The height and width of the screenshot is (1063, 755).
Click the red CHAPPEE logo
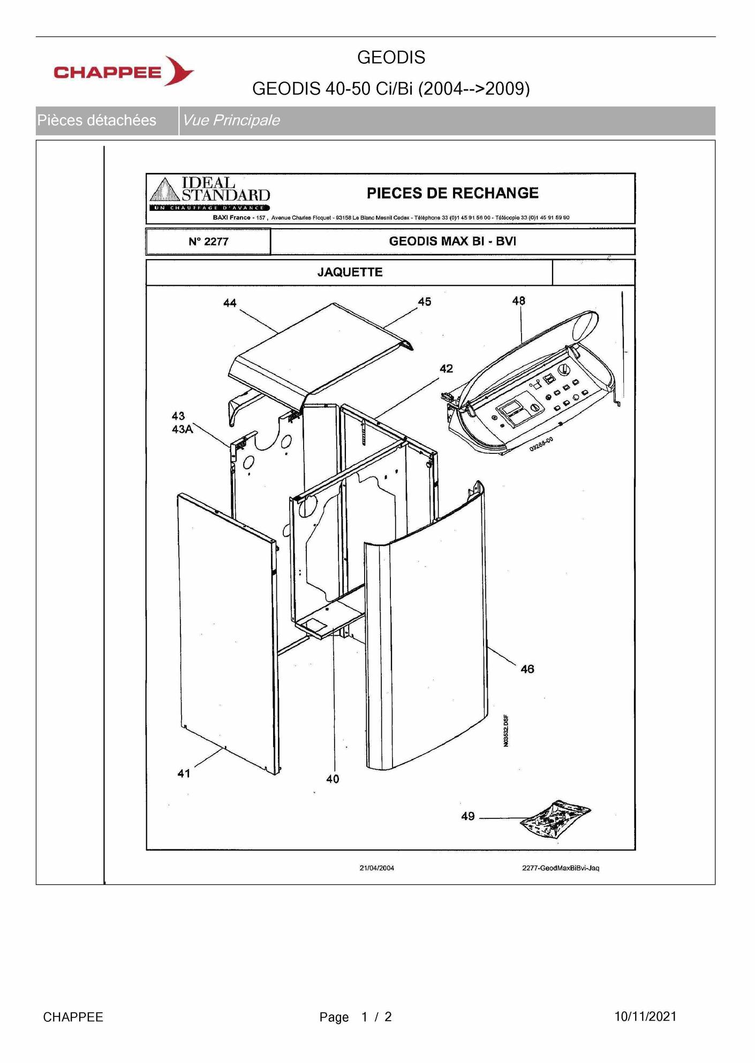[x=124, y=71]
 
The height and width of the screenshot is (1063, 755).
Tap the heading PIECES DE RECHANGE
[x=452, y=193]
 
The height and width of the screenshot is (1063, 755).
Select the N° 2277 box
[x=208, y=241]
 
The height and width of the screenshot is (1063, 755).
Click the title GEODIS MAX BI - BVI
[x=452, y=241]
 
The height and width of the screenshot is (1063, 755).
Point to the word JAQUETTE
[x=350, y=272]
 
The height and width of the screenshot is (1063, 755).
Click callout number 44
[x=230, y=303]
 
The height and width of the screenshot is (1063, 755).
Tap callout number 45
[x=425, y=302]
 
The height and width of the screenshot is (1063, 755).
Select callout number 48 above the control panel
[x=519, y=301]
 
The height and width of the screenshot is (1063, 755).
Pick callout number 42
[x=447, y=369]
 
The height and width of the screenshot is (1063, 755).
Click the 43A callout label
[x=182, y=429]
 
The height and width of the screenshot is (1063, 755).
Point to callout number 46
[x=527, y=669]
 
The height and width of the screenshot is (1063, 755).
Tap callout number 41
[x=184, y=773]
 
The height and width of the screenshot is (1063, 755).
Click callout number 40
[x=333, y=779]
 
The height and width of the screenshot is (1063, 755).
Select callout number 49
[x=468, y=816]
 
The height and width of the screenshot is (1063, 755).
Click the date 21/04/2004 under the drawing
[x=377, y=868]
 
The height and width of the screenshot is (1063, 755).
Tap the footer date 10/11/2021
[x=645, y=1016]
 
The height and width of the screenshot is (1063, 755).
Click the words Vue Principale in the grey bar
[x=231, y=120]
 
